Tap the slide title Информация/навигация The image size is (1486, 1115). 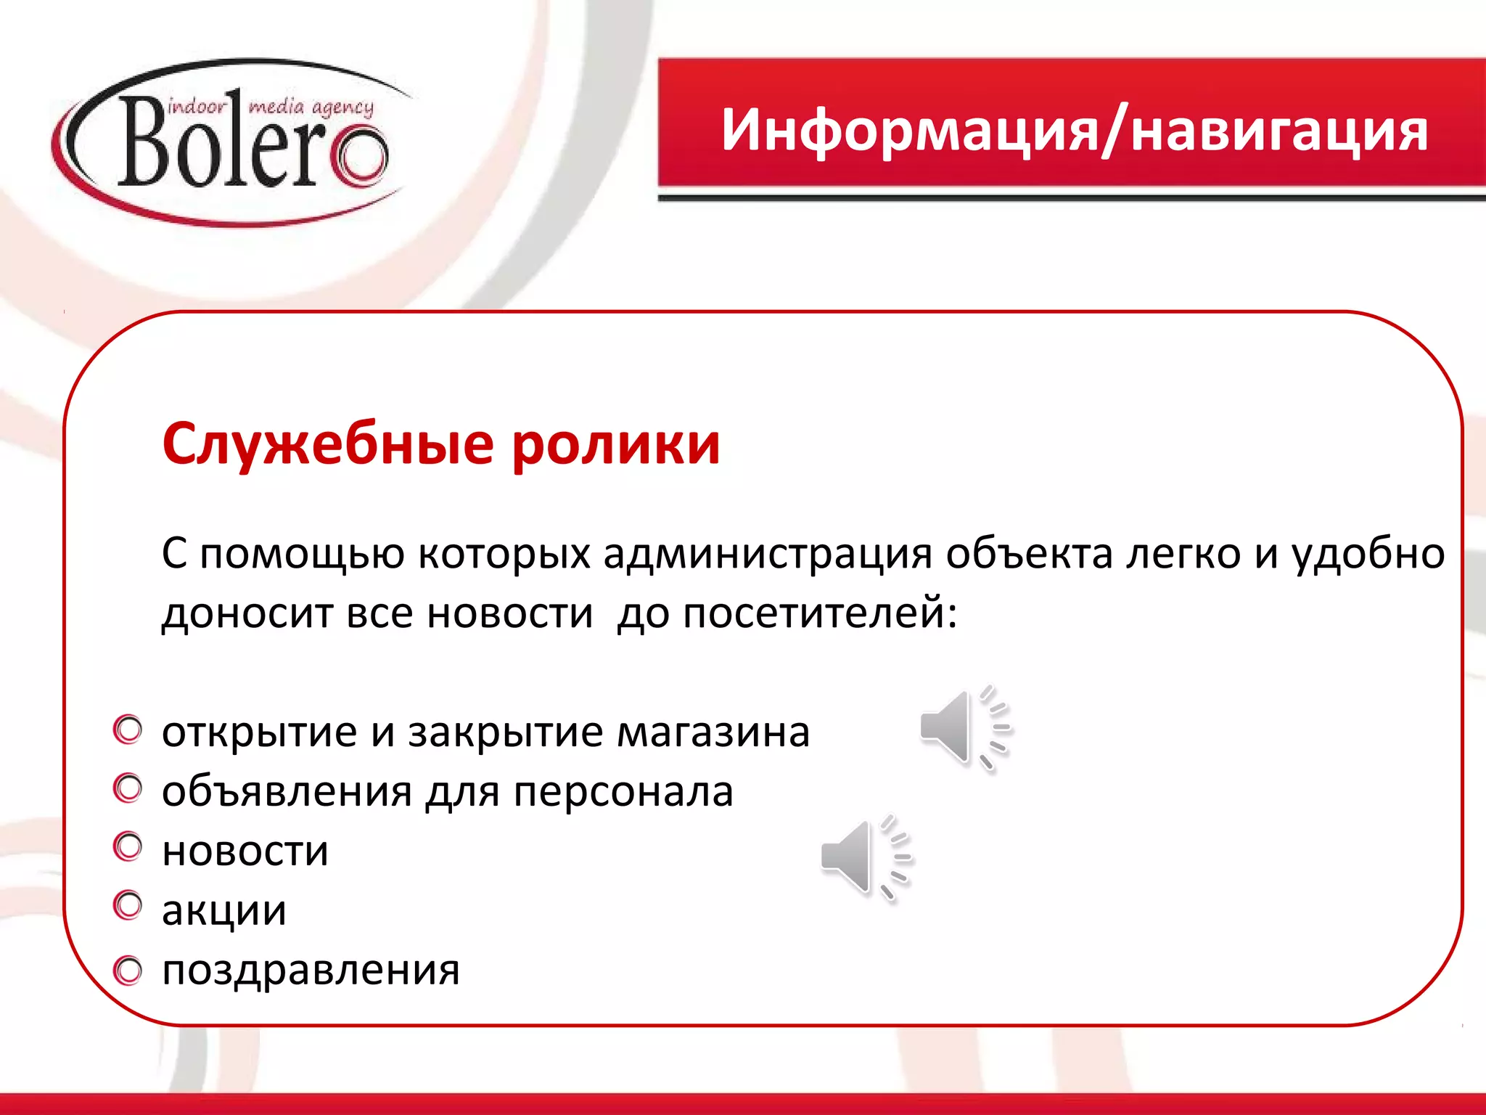click(x=1074, y=131)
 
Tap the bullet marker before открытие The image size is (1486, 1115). click(x=128, y=730)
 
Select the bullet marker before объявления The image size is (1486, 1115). click(x=128, y=789)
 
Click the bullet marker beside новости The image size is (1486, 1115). click(x=128, y=847)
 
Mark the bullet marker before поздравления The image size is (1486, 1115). click(x=128, y=970)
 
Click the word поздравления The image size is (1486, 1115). click(x=311, y=971)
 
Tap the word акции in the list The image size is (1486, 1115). click(x=224, y=910)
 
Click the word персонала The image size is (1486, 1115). click(x=623, y=791)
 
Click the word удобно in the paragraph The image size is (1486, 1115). click(x=1368, y=554)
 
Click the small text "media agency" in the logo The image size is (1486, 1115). click(x=311, y=107)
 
